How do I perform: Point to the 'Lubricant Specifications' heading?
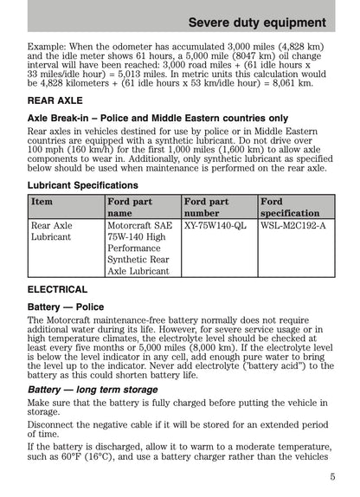coord(83,184)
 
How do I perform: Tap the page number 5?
coord(332,475)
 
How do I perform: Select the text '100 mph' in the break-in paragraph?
coord(44,150)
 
